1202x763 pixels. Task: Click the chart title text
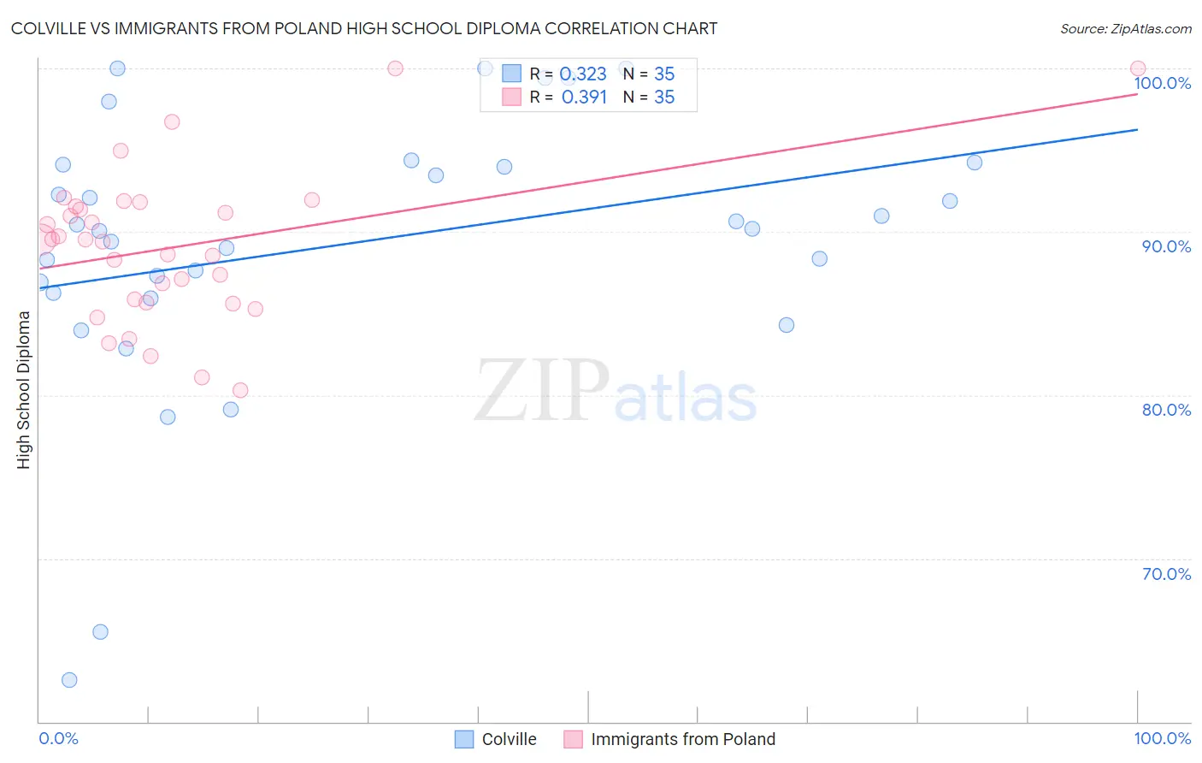tap(364, 28)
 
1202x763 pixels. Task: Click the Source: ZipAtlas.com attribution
tap(1125, 29)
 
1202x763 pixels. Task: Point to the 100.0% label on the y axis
tap(1163, 83)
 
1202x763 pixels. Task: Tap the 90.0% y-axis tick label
tap(1166, 246)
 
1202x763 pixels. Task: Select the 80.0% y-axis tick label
tap(1166, 410)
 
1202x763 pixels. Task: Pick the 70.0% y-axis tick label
tap(1166, 574)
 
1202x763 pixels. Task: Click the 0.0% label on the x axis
tap(58, 738)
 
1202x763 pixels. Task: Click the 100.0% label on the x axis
tap(1162, 738)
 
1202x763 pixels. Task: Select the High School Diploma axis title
tap(24, 389)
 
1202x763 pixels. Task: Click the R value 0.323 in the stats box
tap(583, 74)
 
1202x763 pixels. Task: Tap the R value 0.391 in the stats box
tap(584, 98)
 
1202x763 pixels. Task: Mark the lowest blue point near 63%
tap(69, 680)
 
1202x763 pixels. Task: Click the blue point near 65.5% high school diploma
tap(100, 632)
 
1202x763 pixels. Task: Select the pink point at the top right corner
tap(1138, 68)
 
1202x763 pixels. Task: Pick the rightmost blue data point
tap(975, 163)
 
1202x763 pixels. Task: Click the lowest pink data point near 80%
tap(240, 390)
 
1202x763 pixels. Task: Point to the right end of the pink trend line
tap(1137, 94)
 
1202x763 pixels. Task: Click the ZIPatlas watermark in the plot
tap(616, 392)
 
